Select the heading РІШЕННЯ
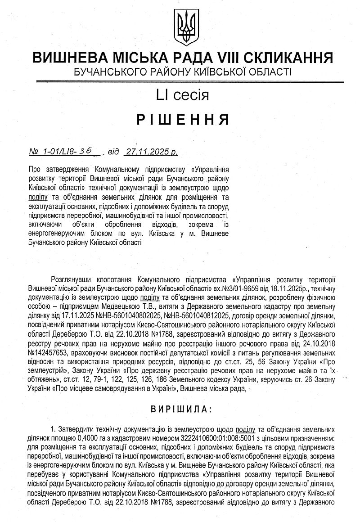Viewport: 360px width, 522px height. click(183, 120)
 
